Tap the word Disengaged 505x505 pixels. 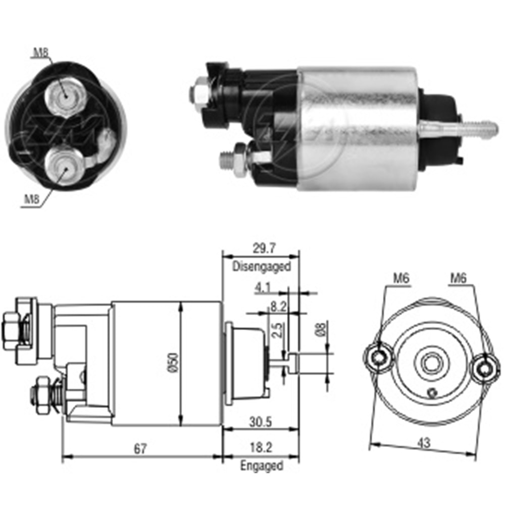click(262, 266)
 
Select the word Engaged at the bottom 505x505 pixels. click(262, 466)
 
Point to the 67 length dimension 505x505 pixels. click(140, 448)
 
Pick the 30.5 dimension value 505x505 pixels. click(261, 422)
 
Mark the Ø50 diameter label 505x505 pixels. click(173, 363)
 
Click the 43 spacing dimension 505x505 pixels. click(424, 443)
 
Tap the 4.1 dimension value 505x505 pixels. click(263, 287)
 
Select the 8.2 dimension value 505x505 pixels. click(278, 307)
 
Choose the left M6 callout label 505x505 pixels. click(401, 278)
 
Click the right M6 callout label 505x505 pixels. click(458, 278)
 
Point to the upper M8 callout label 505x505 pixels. click(41, 53)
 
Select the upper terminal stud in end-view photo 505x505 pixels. click(65, 95)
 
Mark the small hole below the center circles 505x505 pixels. click(432, 392)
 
